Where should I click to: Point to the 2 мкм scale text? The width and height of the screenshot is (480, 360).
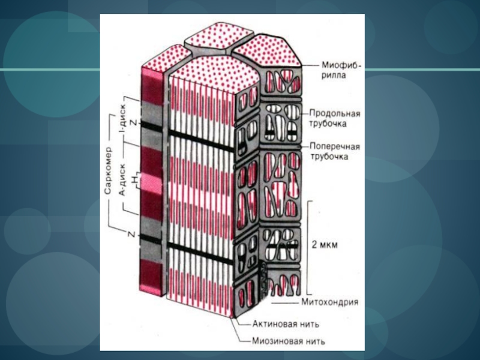325,245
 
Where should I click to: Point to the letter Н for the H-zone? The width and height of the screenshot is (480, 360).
136,179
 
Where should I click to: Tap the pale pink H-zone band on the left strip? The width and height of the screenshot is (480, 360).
151,181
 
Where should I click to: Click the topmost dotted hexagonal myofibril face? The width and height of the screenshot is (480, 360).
212,35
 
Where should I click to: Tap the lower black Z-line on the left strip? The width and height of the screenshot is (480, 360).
151,239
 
